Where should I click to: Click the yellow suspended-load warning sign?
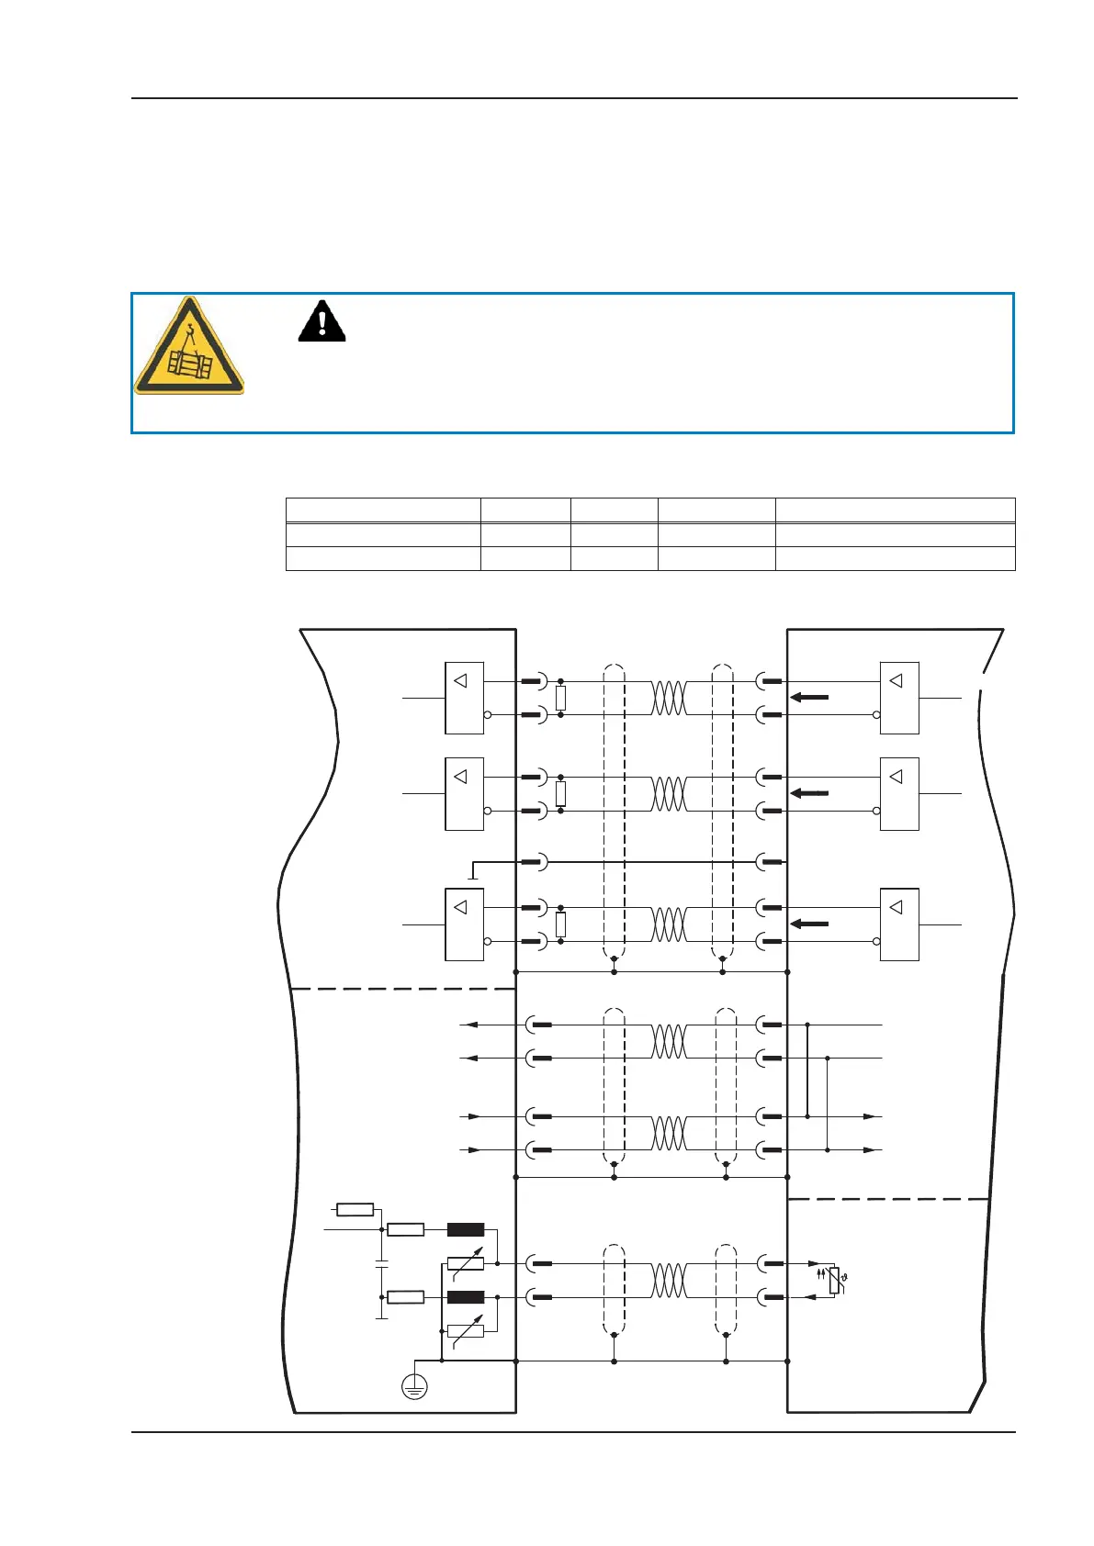(x=189, y=347)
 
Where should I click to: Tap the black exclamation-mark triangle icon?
(x=321, y=321)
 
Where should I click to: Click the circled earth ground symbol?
(x=415, y=1387)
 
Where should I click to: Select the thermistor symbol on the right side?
(x=834, y=1280)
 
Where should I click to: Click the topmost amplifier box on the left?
(x=464, y=698)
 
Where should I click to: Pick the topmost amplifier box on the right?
(x=899, y=698)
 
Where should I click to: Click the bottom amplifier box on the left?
(x=464, y=924)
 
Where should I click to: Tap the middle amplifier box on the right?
(x=899, y=794)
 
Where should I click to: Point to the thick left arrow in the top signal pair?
(x=809, y=698)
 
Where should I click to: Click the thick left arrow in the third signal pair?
(x=809, y=924)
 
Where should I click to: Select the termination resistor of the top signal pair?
(x=560, y=699)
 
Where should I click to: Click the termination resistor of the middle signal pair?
(x=560, y=794)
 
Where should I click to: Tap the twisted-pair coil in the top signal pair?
(x=669, y=698)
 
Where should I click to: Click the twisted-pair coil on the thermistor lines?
(x=669, y=1281)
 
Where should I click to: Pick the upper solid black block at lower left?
(x=466, y=1230)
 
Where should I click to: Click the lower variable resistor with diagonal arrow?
(x=466, y=1330)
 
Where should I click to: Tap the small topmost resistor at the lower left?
(x=355, y=1209)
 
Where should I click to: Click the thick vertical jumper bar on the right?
(x=807, y=1070)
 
